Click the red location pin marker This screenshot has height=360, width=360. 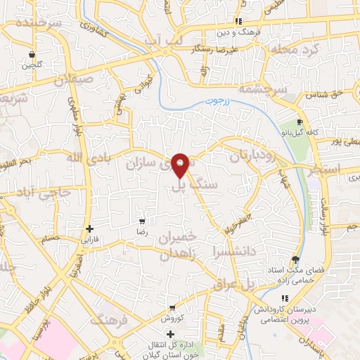point(181,164)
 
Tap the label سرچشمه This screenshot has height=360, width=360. point(262,90)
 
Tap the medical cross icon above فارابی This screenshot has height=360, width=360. point(89,229)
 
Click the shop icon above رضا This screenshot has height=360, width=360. point(143,221)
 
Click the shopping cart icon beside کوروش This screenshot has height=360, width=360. point(172,308)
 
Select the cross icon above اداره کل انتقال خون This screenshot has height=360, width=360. point(169,333)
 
